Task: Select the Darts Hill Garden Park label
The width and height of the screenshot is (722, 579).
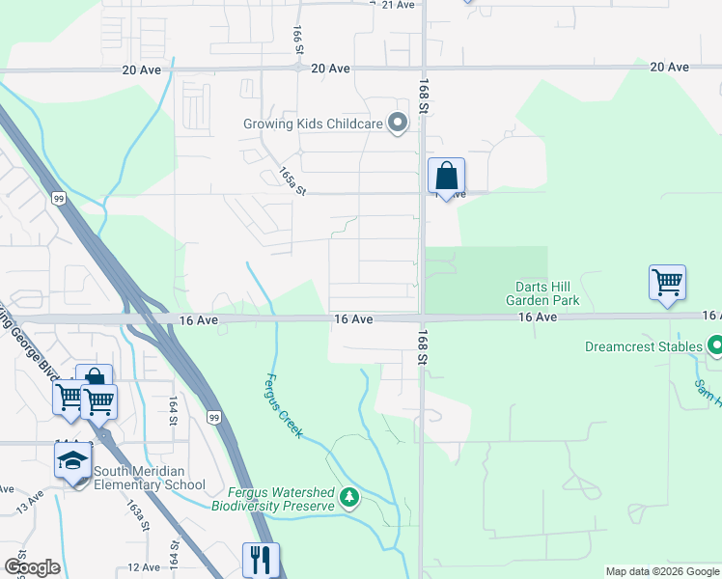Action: pos(542,293)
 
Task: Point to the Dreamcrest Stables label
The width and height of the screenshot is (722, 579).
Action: pos(643,345)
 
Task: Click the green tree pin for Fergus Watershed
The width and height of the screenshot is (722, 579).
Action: pos(349,498)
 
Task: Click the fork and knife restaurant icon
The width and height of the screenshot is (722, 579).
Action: pos(260,560)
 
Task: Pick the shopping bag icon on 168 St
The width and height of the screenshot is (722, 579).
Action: pos(446,178)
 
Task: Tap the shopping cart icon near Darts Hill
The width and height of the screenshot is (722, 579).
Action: pos(667,283)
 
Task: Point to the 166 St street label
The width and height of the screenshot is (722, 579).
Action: pos(297,40)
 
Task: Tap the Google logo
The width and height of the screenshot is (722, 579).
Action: pos(32,567)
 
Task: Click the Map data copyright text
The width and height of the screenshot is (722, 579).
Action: pos(661,571)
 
